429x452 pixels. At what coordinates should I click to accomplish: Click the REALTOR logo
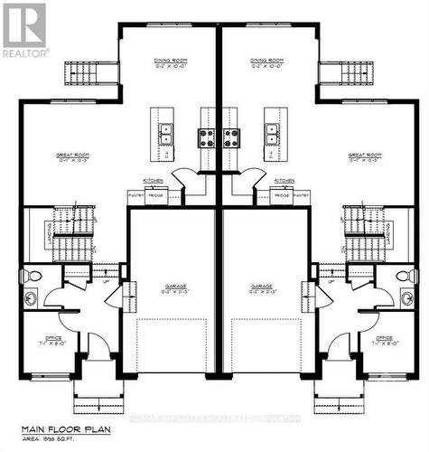pyautogui.click(x=24, y=31)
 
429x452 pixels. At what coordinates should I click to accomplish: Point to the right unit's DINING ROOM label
pyautogui.click(x=267, y=63)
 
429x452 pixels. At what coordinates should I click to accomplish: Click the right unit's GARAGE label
pyautogui.click(x=265, y=287)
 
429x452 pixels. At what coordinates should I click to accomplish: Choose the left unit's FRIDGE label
pyautogui.click(x=156, y=194)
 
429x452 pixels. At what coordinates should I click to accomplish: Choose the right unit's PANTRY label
pyautogui.click(x=301, y=194)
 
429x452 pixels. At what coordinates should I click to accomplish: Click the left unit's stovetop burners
pyautogui.click(x=207, y=138)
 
